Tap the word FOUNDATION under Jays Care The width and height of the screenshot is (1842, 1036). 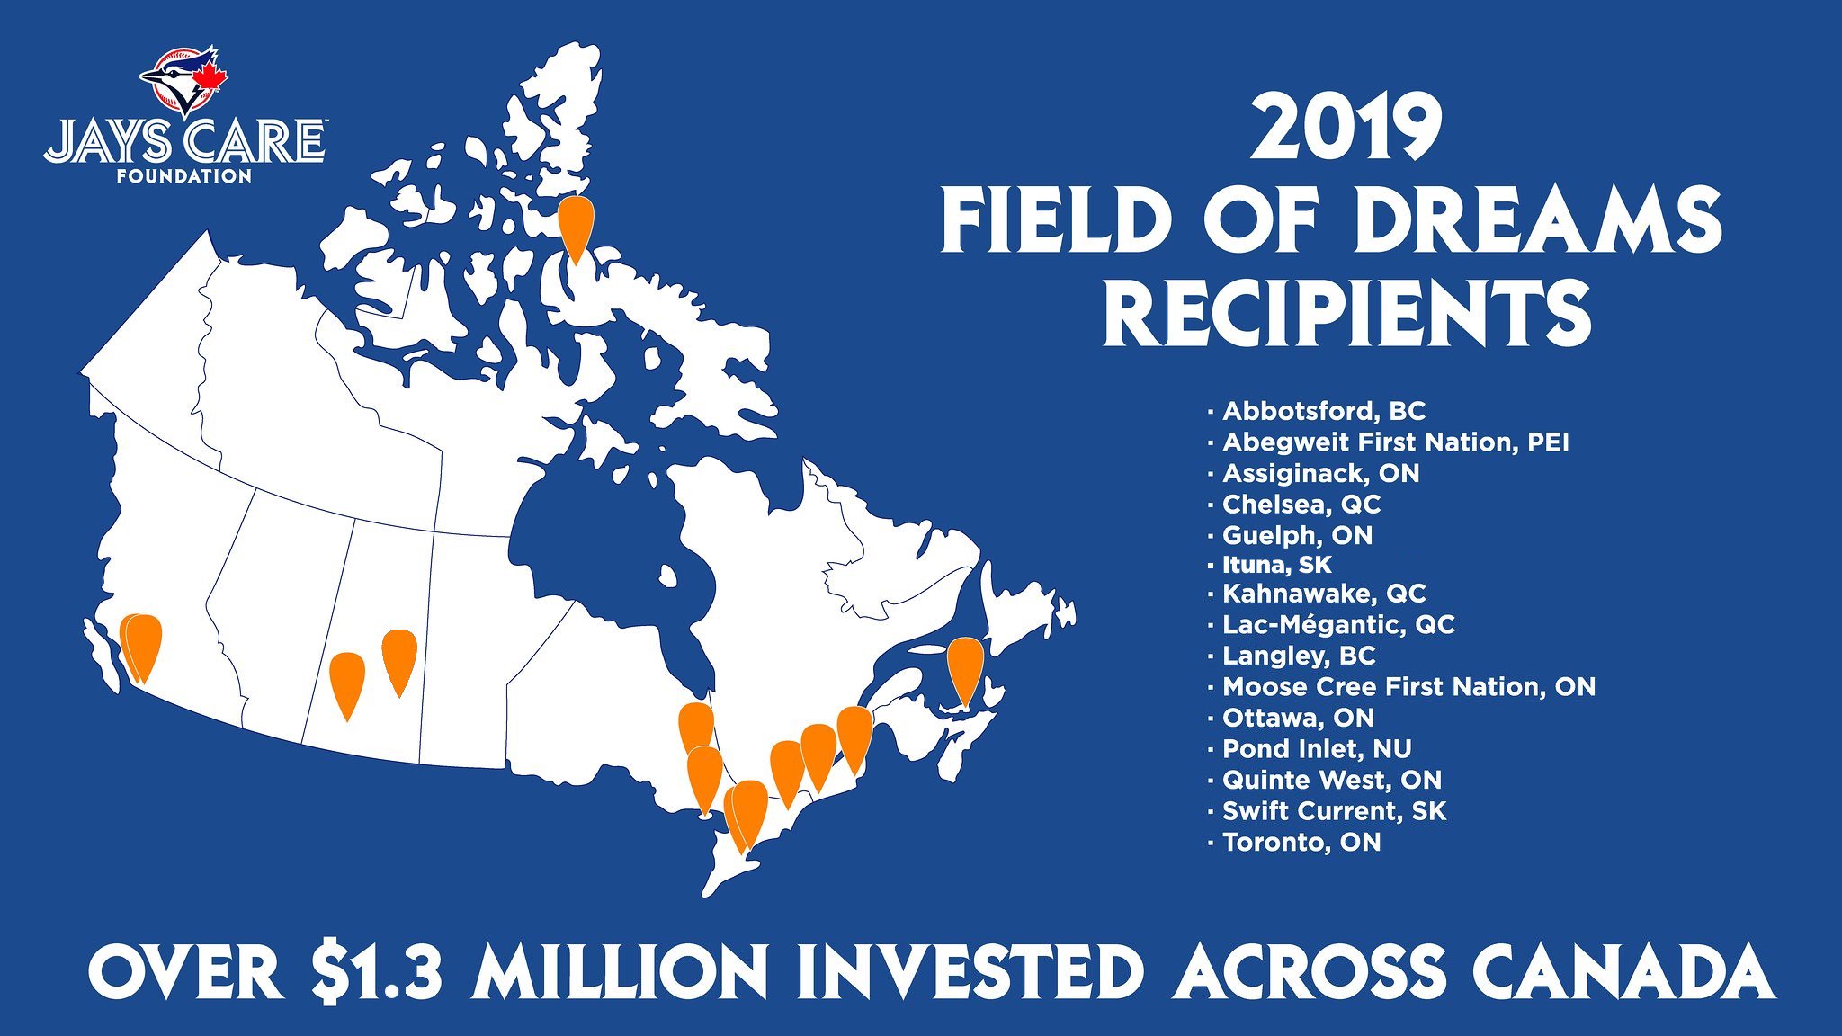point(184,176)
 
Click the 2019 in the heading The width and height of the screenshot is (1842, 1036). point(1346,131)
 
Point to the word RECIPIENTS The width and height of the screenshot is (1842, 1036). point(1346,314)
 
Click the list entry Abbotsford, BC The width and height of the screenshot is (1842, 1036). point(1323,411)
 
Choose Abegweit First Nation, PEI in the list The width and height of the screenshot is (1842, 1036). point(1395,442)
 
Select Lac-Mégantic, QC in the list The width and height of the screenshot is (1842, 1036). point(1337,624)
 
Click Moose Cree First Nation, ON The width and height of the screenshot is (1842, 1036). point(1408,687)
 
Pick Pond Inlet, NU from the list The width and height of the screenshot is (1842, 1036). point(1316,748)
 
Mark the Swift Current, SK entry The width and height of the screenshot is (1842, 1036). point(1334,811)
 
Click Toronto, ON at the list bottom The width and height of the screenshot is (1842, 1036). point(1301,843)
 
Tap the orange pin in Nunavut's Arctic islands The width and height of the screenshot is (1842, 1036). point(576,225)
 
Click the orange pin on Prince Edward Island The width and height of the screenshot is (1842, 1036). point(965,665)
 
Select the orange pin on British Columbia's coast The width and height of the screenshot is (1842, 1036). point(142,646)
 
